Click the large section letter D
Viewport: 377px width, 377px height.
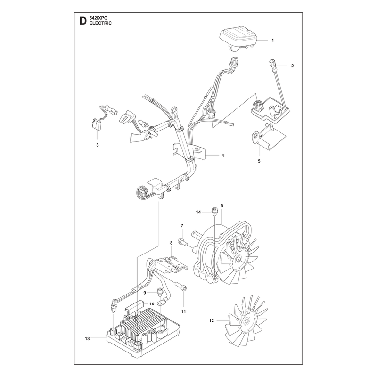(82, 21)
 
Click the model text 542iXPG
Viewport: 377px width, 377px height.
(98, 18)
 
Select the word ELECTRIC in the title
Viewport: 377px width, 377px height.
(100, 23)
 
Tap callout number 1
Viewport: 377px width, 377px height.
(273, 41)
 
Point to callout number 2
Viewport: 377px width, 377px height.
(292, 66)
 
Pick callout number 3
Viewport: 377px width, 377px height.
(98, 145)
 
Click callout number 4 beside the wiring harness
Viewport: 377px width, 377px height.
(222, 156)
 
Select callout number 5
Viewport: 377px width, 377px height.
(259, 161)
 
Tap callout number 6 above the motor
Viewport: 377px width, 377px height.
(221, 206)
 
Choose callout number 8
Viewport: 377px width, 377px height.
(171, 243)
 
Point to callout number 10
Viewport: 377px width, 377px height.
(151, 303)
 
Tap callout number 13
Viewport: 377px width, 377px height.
(87, 339)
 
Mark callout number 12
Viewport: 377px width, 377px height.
(211, 321)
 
